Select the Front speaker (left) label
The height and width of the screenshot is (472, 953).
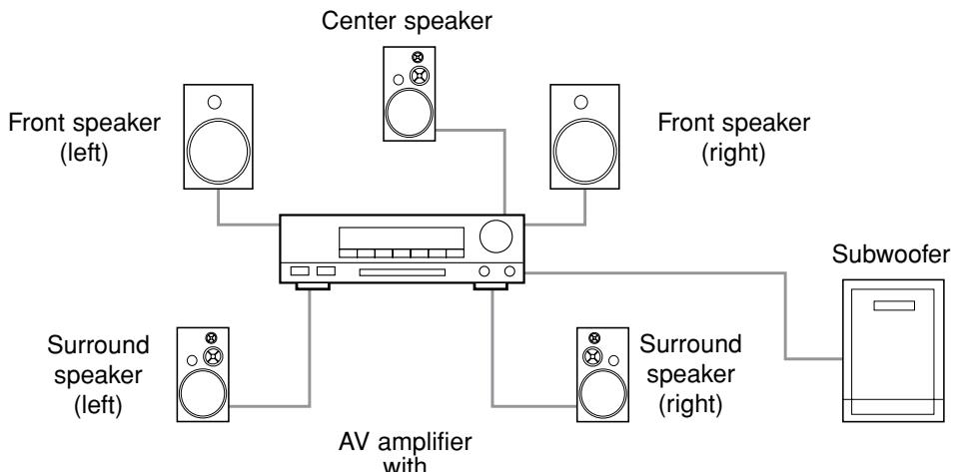click(84, 141)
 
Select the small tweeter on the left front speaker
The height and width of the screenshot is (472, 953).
click(216, 102)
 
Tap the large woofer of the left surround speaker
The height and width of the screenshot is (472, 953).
click(207, 390)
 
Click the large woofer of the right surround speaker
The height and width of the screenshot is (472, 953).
click(596, 390)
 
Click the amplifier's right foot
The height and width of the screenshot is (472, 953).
click(492, 288)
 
